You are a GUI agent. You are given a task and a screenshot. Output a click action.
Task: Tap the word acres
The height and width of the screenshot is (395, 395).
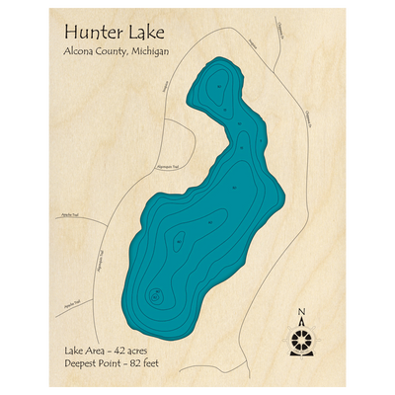[136, 350]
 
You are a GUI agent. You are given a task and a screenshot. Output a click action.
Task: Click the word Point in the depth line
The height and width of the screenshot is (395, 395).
[107, 363]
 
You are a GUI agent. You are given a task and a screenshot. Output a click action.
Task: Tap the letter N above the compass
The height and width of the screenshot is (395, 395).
[302, 315]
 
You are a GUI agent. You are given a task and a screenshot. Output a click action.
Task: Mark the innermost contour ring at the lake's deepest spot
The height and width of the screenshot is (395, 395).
[156, 294]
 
